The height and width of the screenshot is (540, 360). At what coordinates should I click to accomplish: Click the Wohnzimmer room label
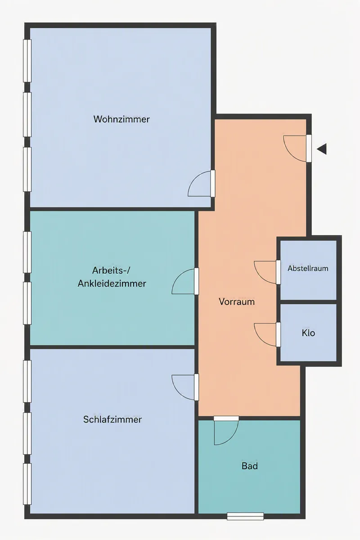point(121,119)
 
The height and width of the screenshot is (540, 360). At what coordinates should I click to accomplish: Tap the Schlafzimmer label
point(112,420)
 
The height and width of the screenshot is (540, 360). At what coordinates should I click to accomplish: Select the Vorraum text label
point(237,302)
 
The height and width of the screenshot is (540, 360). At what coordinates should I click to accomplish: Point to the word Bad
point(250,466)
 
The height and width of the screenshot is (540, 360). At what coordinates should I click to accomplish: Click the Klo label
point(308,333)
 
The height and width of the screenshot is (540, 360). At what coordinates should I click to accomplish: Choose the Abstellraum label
point(308,269)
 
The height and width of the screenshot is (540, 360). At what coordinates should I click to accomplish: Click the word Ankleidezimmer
point(112,284)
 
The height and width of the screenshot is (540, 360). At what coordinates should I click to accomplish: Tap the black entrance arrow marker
point(322,149)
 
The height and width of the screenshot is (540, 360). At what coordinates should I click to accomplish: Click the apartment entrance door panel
point(309,148)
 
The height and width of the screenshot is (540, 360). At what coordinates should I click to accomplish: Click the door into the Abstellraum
point(278,272)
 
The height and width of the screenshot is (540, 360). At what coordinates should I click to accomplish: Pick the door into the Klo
point(278,335)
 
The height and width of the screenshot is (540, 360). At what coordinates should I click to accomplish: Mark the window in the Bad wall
point(245,517)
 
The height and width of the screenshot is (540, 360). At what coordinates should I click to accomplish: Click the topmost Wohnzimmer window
point(27,61)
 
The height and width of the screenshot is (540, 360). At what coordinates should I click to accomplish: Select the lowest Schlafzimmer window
point(27,484)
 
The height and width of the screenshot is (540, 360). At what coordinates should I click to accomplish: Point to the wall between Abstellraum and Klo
point(308,302)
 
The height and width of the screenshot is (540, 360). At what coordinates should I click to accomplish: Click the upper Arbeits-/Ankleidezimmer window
point(27,252)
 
